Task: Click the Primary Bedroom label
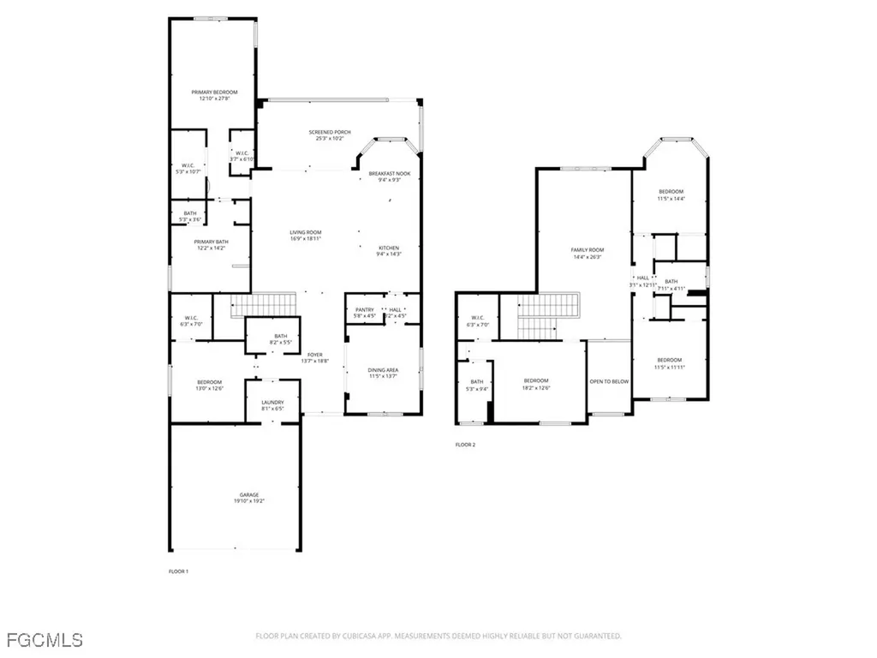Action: tap(213, 92)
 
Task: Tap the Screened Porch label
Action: tap(330, 132)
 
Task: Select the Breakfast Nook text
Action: tap(390, 173)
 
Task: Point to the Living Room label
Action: tap(305, 232)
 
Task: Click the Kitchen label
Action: tap(388, 248)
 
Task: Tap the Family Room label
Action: tap(588, 249)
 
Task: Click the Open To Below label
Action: tap(609, 381)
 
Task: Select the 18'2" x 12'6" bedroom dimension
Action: tap(536, 387)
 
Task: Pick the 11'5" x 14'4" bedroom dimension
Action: tap(671, 198)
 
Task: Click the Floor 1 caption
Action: tap(179, 571)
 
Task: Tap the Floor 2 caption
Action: tap(465, 445)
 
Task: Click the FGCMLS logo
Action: tap(44, 639)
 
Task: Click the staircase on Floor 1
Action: tap(263, 304)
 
